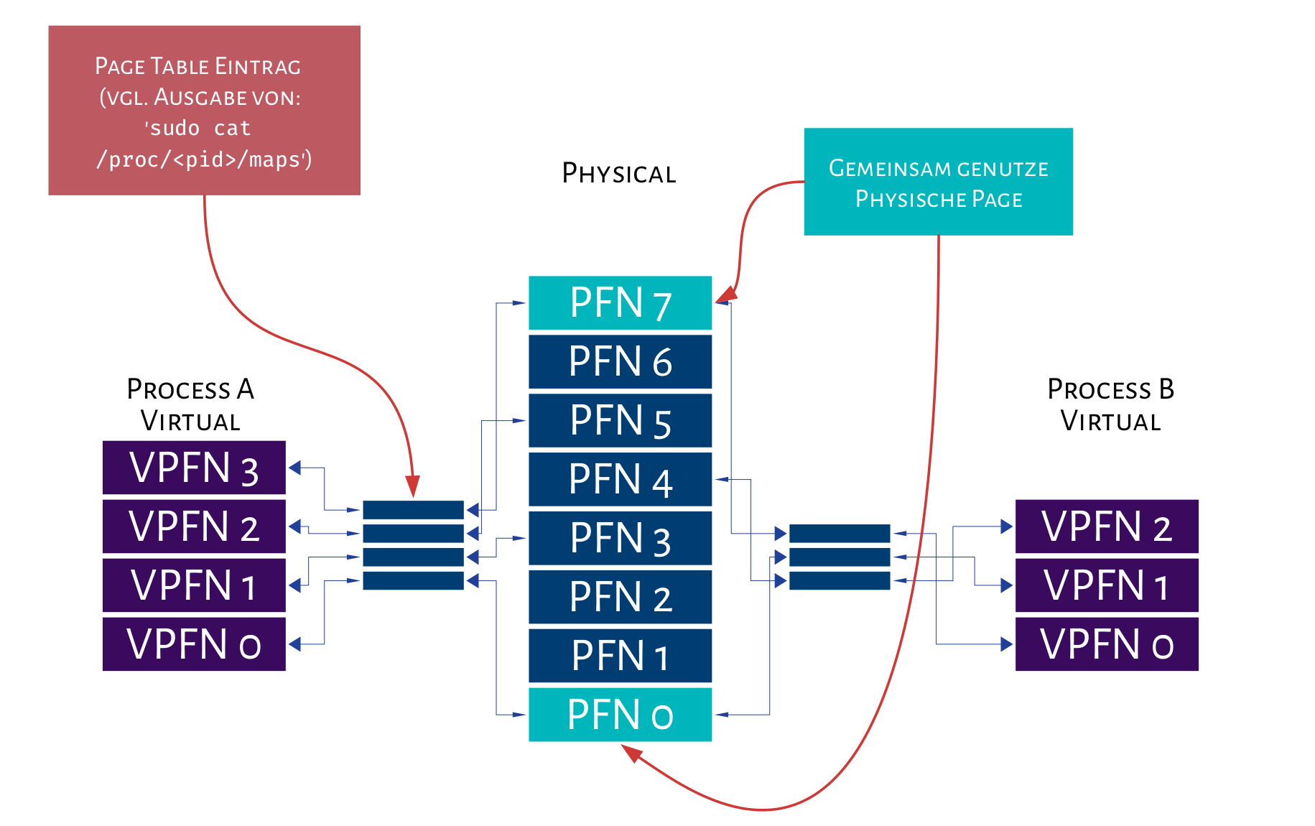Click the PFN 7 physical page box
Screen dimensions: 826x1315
620,303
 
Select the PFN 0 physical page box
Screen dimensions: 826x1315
620,715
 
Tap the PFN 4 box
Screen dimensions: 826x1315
620,479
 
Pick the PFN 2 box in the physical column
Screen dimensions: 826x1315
620,597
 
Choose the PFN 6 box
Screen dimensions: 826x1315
620,361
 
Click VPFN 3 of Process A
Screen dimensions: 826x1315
194,468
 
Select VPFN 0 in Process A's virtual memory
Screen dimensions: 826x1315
194,644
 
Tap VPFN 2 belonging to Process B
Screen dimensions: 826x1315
1106,526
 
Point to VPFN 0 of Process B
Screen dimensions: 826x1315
1106,644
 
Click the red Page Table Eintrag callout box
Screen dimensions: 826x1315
204,110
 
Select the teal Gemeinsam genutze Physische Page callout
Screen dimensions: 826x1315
938,182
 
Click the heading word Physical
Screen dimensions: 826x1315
619,173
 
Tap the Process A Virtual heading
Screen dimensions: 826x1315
190,404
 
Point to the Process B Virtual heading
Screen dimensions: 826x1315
1110,404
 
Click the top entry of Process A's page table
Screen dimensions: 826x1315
413,510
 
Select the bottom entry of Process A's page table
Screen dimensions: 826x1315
413,580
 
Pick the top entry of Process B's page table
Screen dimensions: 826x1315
839,533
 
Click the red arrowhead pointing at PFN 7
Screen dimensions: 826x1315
728,294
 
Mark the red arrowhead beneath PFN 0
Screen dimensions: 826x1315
632,752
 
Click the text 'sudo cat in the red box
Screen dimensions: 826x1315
198,128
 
